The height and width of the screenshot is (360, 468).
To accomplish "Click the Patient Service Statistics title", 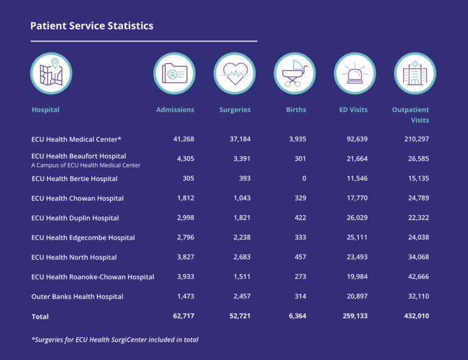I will pyautogui.click(x=92, y=26).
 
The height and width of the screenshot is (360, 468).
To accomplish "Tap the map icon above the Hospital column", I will pyautogui.click(x=51, y=74).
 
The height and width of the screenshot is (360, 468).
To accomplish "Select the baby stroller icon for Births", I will pyautogui.click(x=294, y=74).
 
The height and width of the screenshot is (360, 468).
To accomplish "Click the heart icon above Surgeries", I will pyautogui.click(x=235, y=74).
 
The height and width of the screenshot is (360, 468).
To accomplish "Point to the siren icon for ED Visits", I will pyautogui.click(x=354, y=74).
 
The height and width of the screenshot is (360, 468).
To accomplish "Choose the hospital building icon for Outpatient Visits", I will pyautogui.click(x=414, y=74).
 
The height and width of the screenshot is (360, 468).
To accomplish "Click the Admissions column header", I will pyautogui.click(x=175, y=110).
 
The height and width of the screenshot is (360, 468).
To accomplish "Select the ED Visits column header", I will pyautogui.click(x=353, y=110).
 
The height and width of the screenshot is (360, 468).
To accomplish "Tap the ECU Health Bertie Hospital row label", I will pyautogui.click(x=74, y=179).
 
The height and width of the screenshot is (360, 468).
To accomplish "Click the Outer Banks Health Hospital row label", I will pyautogui.click(x=77, y=297).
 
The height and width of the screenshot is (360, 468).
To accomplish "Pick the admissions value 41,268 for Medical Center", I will pyautogui.click(x=183, y=139).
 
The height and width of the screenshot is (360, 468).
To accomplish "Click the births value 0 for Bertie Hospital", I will pyautogui.click(x=304, y=179).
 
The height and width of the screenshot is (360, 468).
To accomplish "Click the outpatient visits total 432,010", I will pyautogui.click(x=414, y=317).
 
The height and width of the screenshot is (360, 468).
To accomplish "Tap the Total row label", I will pyautogui.click(x=40, y=317).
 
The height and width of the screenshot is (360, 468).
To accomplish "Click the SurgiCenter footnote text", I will pyautogui.click(x=115, y=340).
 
